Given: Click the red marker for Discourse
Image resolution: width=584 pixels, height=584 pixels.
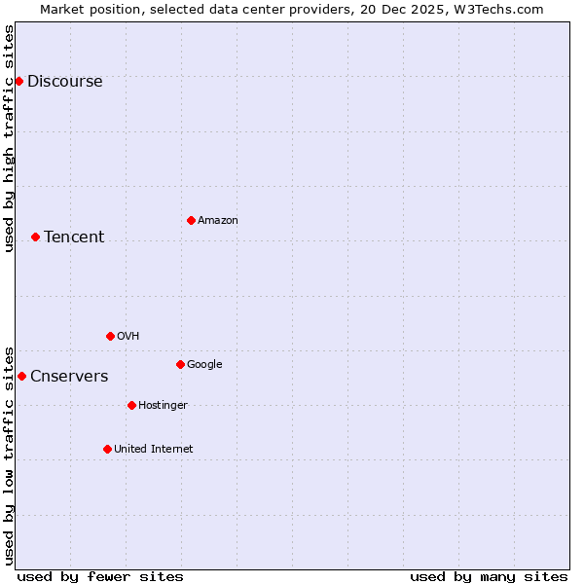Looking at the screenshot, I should coord(18,81).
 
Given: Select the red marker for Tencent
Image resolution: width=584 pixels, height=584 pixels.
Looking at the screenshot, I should coord(35,237).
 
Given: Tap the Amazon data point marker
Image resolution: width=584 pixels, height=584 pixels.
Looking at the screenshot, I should coord(191,220).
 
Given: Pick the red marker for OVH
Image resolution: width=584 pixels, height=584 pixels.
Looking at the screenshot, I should coord(110,336).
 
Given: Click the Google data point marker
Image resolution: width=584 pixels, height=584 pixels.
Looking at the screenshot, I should coord(180,364).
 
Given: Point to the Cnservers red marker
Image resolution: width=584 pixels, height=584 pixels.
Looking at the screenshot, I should coord(21,376).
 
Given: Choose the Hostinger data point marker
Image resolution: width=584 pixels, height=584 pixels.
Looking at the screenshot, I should coord(131,405).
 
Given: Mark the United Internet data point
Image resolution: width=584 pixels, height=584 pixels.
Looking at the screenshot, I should coord(107,449).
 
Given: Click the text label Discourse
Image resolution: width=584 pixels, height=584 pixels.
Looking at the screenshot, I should coord(64,82).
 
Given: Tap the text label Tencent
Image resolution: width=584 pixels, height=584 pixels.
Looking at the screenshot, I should coord(74,237).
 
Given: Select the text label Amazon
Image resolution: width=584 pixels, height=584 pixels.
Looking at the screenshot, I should coord(218,221).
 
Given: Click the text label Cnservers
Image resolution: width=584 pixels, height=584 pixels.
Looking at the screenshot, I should coord(69,377).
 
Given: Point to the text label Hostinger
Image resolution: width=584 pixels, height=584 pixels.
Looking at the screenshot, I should coord(163,406).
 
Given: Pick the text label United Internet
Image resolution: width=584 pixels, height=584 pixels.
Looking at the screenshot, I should coord(153,450).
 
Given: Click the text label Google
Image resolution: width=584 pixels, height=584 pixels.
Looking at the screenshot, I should coord(204,365).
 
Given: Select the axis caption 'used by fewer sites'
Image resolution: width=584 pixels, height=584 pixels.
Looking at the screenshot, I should coord(100,576).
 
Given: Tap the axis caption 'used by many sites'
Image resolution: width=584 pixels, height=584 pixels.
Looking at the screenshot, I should coord(489,576).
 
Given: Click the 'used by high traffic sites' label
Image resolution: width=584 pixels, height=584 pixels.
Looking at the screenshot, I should coord(10,139).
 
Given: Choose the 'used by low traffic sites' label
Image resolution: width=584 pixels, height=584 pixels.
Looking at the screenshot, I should coord(10,455).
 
